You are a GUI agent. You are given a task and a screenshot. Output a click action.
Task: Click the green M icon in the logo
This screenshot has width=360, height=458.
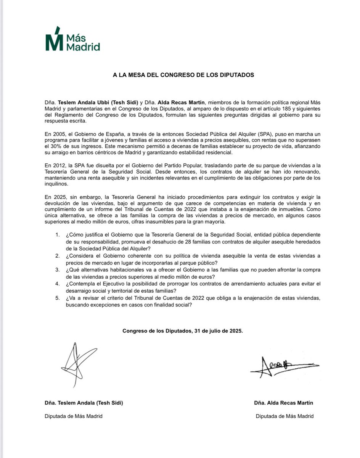coord(53,40)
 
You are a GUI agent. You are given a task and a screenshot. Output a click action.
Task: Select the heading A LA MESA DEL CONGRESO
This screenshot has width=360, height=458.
coord(183,75)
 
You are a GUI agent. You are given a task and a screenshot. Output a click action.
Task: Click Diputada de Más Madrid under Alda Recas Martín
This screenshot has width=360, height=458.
coord(284,416)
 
